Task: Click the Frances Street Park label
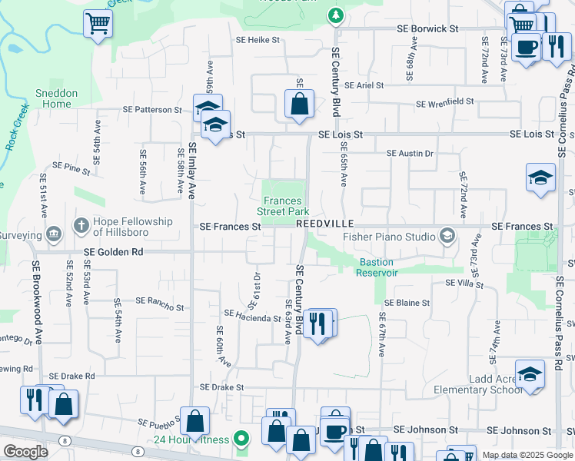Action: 283,206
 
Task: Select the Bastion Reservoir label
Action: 377,267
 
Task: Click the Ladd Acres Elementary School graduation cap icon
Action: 530,374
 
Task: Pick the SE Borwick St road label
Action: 427,28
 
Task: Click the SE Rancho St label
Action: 159,307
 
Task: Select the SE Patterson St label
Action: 152,110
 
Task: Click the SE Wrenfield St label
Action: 444,103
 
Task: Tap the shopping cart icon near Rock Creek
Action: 98,23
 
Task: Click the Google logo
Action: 25,452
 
